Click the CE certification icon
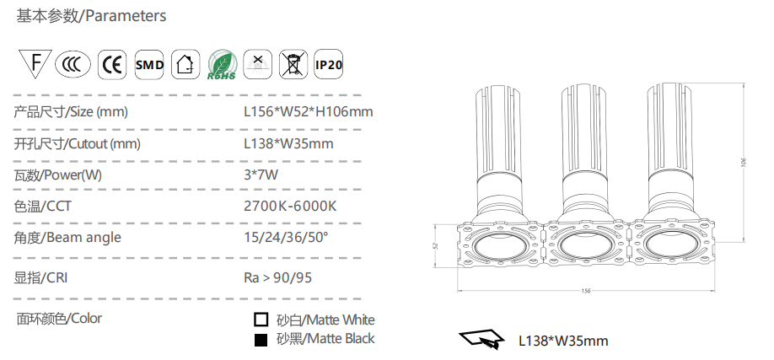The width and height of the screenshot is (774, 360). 112,64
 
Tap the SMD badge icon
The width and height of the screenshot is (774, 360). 149,64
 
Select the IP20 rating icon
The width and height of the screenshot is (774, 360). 328,64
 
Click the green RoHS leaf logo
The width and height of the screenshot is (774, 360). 222,64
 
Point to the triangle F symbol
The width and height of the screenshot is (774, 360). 35,62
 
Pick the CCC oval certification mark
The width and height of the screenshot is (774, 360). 73,64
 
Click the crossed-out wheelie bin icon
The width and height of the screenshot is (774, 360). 293,64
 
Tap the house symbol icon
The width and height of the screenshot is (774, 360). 185,64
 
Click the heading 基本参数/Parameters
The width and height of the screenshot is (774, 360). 91,16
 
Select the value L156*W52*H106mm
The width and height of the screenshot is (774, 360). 309,111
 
